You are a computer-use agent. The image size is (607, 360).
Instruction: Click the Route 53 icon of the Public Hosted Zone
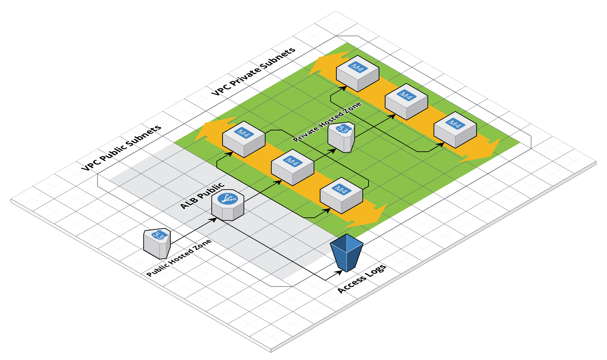tap(157, 244)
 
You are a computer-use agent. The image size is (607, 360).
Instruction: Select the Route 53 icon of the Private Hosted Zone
tap(341, 137)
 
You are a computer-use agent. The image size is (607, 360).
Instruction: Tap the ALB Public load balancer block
tap(228, 205)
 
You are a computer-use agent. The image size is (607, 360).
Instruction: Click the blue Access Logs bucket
tap(347, 253)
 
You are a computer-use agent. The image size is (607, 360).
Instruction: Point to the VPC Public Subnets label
tap(121, 148)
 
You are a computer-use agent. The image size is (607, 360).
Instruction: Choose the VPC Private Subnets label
tap(253, 71)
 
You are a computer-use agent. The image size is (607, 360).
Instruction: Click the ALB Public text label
tap(202, 196)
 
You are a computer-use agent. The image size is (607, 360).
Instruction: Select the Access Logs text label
tap(362, 279)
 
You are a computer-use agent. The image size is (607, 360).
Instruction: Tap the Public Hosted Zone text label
tap(179, 258)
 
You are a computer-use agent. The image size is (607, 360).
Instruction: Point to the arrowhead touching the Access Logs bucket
tap(340, 272)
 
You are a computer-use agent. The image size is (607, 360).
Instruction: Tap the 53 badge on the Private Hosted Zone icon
tap(343, 129)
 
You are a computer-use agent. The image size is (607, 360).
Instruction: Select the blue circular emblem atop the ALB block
tap(228, 198)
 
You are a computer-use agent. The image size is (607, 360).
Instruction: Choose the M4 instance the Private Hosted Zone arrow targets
tap(406, 102)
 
